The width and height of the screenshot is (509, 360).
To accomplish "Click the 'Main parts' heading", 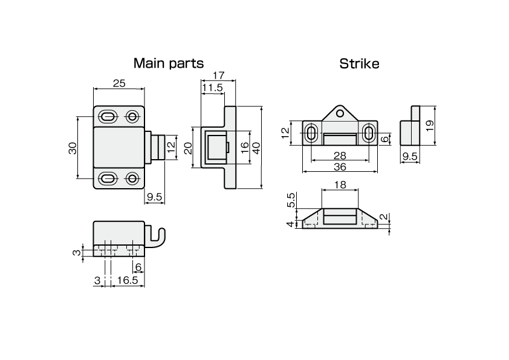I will [x=168, y=63].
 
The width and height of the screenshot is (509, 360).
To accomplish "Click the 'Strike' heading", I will [x=359, y=63].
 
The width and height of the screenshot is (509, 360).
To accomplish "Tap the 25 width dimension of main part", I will [x=119, y=83].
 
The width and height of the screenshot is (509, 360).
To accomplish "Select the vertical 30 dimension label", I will [x=73, y=148].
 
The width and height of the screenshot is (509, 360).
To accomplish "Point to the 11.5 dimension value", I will [x=212, y=88].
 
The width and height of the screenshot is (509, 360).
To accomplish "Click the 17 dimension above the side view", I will [x=218, y=76].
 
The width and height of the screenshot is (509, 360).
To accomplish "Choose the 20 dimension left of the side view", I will [x=187, y=148].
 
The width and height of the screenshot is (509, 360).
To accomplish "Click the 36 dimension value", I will [x=340, y=166].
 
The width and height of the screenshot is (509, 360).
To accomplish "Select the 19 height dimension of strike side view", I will [x=429, y=126].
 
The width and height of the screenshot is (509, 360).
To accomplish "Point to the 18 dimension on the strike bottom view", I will [x=340, y=185].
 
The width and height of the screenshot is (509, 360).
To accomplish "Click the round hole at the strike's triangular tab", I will [x=340, y=112].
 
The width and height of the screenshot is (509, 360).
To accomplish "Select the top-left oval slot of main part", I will [x=108, y=116].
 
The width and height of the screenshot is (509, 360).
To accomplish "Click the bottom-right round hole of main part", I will [x=132, y=178].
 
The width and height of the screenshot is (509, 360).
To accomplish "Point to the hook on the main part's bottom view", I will [x=160, y=237].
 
